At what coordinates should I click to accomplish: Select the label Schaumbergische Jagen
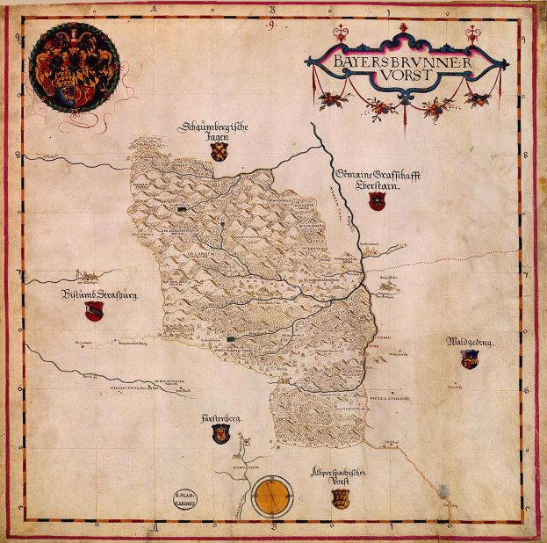click(215, 132)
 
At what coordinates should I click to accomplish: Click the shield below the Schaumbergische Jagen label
click(220, 153)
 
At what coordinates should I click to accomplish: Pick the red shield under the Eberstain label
click(377, 203)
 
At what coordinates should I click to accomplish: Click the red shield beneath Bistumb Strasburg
click(94, 312)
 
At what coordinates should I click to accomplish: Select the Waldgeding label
click(471, 341)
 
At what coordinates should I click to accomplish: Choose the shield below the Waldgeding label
click(469, 358)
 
